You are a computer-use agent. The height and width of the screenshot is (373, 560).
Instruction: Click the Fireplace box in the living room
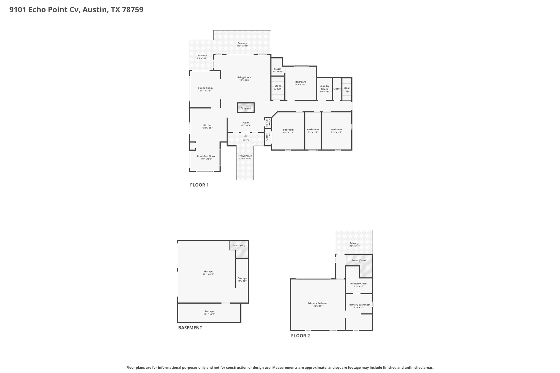(x=246, y=108)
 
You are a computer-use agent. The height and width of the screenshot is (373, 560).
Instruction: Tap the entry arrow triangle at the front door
(x=246, y=136)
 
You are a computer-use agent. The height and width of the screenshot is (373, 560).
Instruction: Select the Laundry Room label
(x=324, y=87)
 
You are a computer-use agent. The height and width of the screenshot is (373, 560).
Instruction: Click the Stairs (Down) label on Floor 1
(x=278, y=87)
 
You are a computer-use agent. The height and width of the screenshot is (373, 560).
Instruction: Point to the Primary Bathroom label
(x=359, y=305)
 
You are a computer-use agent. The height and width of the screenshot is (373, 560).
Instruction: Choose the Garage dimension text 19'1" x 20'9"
(x=208, y=274)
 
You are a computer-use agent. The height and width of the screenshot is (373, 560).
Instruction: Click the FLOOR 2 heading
(x=300, y=336)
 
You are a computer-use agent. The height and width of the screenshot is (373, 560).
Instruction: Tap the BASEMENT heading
(x=190, y=328)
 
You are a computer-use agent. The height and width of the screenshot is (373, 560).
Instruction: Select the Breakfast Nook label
(x=206, y=156)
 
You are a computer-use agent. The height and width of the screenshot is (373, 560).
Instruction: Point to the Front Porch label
(x=245, y=156)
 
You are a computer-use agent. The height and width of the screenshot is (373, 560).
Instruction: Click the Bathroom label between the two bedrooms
(x=313, y=130)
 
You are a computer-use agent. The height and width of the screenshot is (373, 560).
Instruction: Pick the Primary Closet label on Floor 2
(x=359, y=284)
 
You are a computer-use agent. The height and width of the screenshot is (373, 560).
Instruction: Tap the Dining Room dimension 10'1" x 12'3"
(x=205, y=91)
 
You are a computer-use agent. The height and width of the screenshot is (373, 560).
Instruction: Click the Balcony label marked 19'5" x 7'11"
(x=242, y=43)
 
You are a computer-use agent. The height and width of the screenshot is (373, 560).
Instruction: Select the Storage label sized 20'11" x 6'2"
(x=209, y=312)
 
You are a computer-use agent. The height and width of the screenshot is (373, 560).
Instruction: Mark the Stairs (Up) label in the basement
(x=239, y=245)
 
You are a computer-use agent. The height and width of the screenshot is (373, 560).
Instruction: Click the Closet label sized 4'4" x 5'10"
(x=278, y=69)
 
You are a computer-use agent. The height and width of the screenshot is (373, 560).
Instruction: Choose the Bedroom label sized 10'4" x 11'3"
(x=301, y=82)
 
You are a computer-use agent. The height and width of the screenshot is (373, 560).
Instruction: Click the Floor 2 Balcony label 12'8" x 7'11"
(x=354, y=243)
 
